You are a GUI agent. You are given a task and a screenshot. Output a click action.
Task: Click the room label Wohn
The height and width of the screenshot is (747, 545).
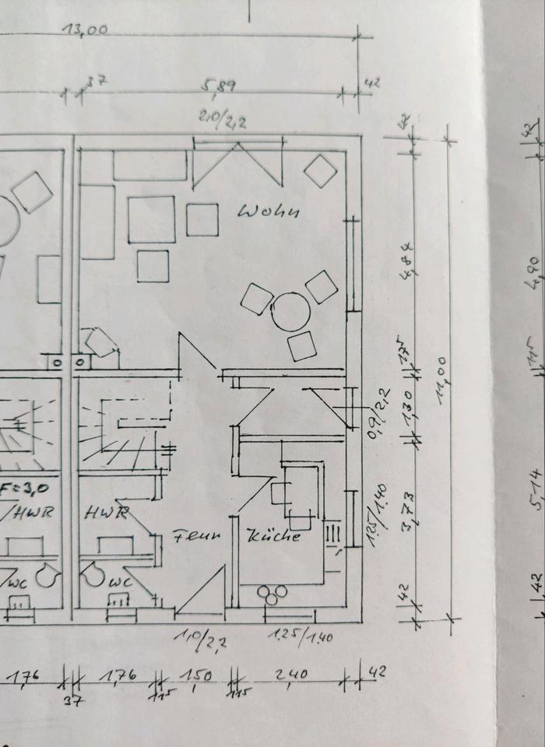269,211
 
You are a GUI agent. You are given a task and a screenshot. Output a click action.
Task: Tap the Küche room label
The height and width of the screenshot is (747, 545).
273,536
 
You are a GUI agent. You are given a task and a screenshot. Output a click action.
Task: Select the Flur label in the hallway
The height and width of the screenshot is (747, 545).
197,536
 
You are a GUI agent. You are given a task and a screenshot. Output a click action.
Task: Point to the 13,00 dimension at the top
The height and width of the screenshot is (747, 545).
86,32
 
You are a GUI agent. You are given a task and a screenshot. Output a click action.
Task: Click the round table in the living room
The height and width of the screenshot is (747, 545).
291,311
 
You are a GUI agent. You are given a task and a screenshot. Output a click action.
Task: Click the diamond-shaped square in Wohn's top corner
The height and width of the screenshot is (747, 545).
320,170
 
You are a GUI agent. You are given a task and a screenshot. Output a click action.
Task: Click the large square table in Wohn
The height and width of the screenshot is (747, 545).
152,219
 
